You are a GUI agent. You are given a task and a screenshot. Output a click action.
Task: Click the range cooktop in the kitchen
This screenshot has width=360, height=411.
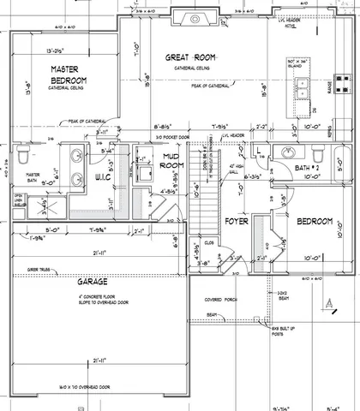pyautogui.click(x=341, y=83)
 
